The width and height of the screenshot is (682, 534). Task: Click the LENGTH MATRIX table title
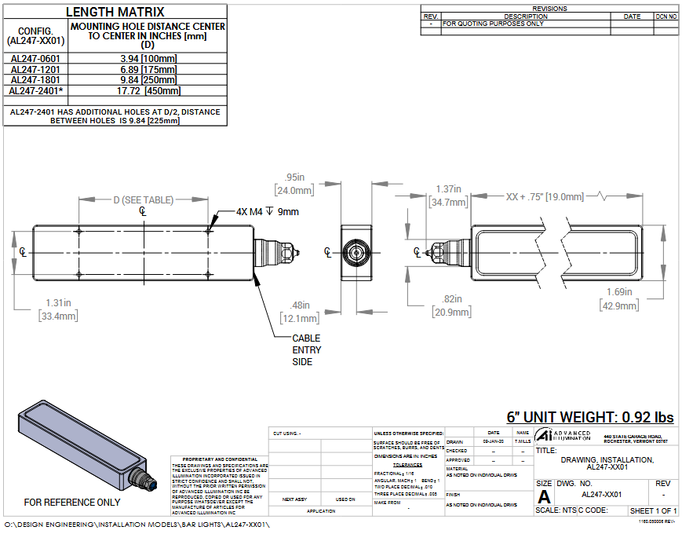tap(115, 12)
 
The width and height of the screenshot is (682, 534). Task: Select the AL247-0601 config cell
tap(35, 58)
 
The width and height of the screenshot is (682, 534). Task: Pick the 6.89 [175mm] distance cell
tap(148, 69)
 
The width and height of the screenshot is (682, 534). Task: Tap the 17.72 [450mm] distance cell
tap(148, 90)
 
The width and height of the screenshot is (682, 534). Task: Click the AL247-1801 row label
tap(35, 79)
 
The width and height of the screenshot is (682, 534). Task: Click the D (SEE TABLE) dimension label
tap(143, 200)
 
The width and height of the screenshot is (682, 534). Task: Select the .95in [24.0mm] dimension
tap(295, 184)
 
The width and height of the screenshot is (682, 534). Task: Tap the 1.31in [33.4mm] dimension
tap(58, 309)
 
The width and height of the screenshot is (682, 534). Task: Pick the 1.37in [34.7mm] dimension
tap(449, 196)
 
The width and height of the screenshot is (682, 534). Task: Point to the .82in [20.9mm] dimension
tap(451, 305)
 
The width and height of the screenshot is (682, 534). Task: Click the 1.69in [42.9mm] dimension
tap(620, 299)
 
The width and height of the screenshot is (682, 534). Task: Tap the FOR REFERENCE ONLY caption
tap(72, 502)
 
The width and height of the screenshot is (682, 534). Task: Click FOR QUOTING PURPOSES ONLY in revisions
tap(493, 24)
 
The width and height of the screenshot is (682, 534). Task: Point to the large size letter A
tap(544, 496)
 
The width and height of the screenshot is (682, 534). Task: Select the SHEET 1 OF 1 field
tap(653, 511)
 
